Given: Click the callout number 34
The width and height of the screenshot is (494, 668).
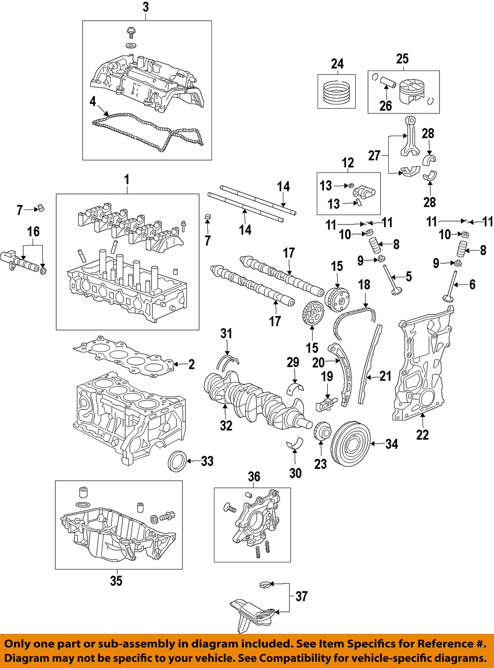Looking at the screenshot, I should (392, 444).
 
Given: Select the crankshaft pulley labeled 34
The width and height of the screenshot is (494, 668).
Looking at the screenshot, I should (350, 443).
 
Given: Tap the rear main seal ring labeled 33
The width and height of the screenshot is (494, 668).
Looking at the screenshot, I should (177, 461).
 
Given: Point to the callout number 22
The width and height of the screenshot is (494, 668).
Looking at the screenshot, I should (422, 435).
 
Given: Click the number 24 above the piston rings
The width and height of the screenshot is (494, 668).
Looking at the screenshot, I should (337, 64).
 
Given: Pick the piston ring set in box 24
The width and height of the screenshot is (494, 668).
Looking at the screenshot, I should (337, 92).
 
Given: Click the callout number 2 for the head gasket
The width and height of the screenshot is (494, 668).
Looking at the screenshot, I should (192, 364).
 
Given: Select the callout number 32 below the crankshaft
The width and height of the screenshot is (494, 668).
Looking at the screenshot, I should (226, 425).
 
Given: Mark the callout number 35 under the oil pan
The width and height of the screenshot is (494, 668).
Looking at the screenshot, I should (116, 581).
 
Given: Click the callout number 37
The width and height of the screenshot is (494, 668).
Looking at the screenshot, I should (301, 597).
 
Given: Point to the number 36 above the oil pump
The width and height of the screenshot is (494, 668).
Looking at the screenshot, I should (254, 477).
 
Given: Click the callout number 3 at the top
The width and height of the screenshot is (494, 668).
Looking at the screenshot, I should (146, 7).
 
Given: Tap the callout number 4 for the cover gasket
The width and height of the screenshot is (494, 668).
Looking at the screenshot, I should (93, 101).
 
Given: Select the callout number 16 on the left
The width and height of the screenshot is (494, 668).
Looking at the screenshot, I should (33, 232).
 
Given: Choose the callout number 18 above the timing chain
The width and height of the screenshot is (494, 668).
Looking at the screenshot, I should (364, 285).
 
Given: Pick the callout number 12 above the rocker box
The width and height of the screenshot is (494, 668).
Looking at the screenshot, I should (348, 163).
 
